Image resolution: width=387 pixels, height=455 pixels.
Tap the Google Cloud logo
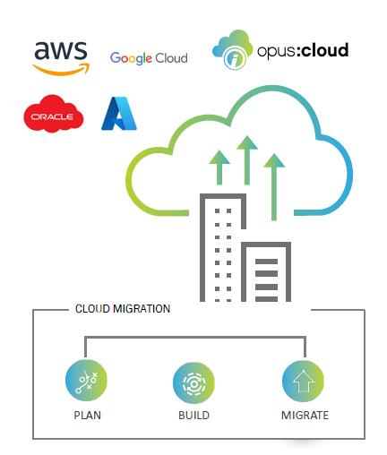coord(149,58)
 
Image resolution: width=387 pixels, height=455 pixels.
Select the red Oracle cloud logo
coord(53,117)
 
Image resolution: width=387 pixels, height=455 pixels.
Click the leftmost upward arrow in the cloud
coord(216,170)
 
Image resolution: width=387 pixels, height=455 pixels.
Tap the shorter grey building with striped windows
coord(266,273)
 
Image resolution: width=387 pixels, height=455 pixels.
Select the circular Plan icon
coord(86,380)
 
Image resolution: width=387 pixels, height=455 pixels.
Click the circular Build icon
coord(193,380)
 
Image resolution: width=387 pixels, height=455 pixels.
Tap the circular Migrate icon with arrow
coord(302,380)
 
